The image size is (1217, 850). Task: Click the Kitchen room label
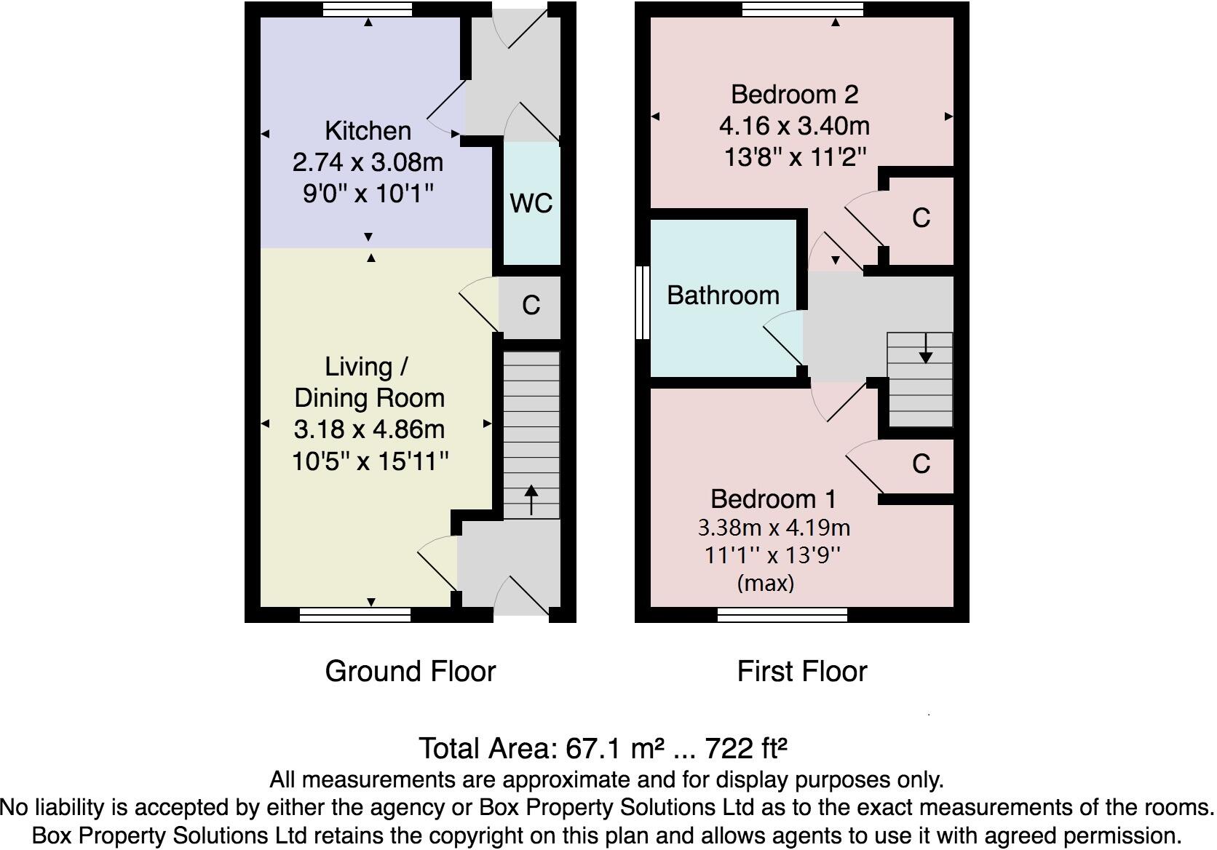[368, 131]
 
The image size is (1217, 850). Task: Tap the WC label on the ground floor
[531, 203]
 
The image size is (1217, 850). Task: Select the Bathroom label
[723, 295]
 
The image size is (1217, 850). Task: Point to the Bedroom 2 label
[794, 95]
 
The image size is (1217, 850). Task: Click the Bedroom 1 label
[773, 499]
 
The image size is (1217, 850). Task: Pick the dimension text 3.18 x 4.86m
[369, 429]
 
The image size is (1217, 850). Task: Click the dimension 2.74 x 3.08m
[368, 162]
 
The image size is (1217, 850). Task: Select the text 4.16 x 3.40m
[794, 126]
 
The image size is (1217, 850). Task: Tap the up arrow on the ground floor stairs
[531, 499]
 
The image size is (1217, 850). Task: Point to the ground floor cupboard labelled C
[531, 306]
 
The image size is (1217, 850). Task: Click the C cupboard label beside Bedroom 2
[921, 218]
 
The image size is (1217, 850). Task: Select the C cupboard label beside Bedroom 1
[921, 464]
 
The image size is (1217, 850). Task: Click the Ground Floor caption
[410, 671]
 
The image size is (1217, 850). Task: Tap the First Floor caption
[801, 671]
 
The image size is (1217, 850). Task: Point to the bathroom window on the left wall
[642, 303]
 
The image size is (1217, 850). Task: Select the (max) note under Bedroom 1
[765, 583]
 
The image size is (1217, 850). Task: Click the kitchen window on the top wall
[368, 9]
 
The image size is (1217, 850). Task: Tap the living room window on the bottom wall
[355, 616]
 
